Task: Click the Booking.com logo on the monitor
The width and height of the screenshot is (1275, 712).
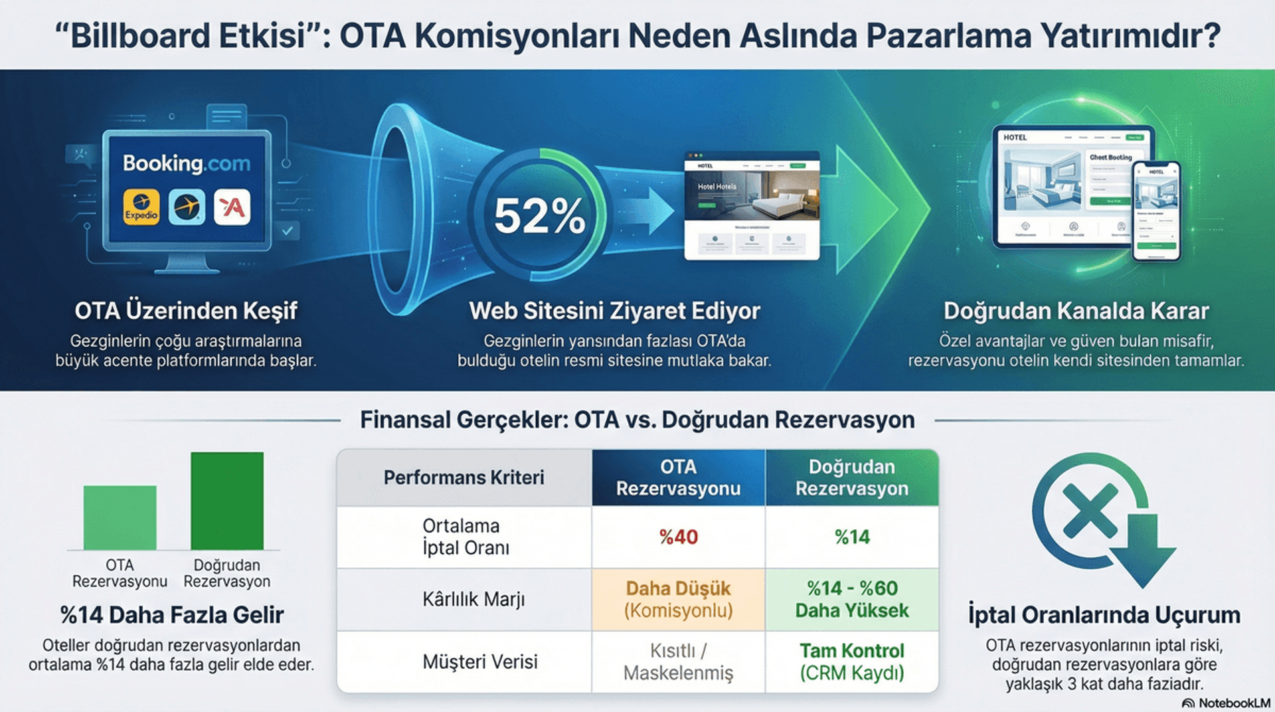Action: click(x=187, y=163)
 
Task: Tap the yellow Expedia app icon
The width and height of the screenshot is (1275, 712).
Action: click(x=141, y=207)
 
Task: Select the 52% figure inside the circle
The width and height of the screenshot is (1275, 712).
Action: click(x=539, y=216)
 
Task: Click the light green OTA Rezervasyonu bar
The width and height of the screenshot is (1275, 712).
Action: click(x=120, y=517)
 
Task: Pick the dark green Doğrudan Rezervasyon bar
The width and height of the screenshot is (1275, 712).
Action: click(x=227, y=501)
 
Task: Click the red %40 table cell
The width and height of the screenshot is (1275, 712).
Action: click(x=678, y=537)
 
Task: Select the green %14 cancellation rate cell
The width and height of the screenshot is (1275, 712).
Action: click(x=852, y=537)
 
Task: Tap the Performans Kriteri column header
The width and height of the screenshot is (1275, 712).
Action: click(x=464, y=478)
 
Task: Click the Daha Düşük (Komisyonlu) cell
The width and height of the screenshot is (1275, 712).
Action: click(x=678, y=599)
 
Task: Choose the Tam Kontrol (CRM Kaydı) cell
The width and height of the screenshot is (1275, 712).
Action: click(x=852, y=662)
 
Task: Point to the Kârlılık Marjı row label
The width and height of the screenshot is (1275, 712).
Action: click(x=473, y=599)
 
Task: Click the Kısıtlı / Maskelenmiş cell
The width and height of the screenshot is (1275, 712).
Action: click(x=678, y=662)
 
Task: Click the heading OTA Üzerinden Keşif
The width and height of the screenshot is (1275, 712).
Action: click(x=186, y=311)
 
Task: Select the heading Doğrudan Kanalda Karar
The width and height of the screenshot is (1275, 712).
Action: click(x=1076, y=311)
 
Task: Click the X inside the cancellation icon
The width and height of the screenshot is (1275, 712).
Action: click(x=1090, y=510)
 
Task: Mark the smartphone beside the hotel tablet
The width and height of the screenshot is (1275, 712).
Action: click(x=1156, y=211)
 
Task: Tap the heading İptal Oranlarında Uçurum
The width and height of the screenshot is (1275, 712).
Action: click(x=1104, y=614)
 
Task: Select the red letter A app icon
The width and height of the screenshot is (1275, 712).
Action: click(x=232, y=207)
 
